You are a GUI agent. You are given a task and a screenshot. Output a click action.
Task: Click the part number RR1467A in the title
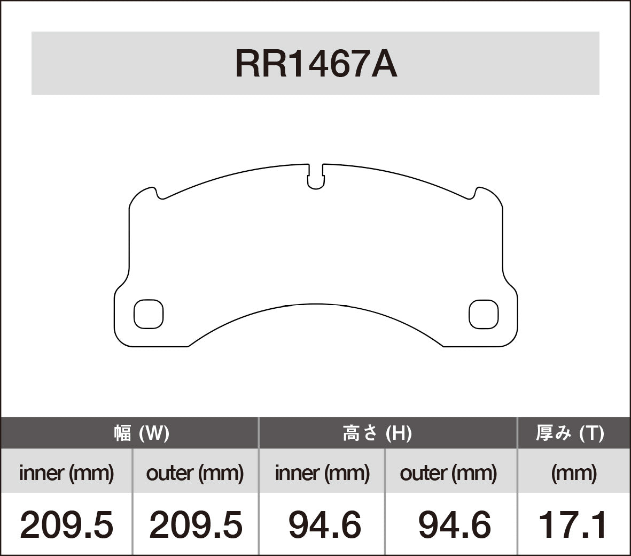(x=316, y=64)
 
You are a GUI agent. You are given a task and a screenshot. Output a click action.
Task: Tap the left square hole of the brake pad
(x=148, y=314)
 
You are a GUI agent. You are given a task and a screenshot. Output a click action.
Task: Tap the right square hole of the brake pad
(x=484, y=314)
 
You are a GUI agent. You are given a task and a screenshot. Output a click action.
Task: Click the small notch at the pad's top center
(x=316, y=178)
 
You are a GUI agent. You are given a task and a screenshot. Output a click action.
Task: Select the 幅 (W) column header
(x=142, y=433)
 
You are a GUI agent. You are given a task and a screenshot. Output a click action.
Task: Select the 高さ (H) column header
(x=377, y=433)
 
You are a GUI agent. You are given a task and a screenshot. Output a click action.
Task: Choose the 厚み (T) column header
(x=570, y=433)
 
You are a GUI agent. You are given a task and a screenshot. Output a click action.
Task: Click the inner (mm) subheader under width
(x=66, y=473)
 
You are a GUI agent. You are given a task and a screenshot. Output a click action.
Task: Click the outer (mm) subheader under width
(x=194, y=473)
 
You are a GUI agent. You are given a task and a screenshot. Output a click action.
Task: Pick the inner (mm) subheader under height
(x=322, y=473)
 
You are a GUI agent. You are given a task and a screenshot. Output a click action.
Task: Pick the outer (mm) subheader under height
(x=448, y=473)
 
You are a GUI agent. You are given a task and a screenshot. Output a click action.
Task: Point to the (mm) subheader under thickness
(x=573, y=473)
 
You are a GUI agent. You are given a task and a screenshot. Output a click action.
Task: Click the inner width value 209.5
(x=66, y=525)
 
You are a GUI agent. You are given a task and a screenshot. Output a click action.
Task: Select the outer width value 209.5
(x=196, y=525)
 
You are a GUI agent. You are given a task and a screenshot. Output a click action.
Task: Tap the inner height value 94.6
(x=324, y=525)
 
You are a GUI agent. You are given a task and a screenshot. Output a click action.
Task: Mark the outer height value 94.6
(x=454, y=525)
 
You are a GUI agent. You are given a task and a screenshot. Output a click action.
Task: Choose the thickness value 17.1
(x=572, y=525)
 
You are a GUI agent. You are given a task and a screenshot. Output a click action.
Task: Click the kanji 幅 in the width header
(x=122, y=433)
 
